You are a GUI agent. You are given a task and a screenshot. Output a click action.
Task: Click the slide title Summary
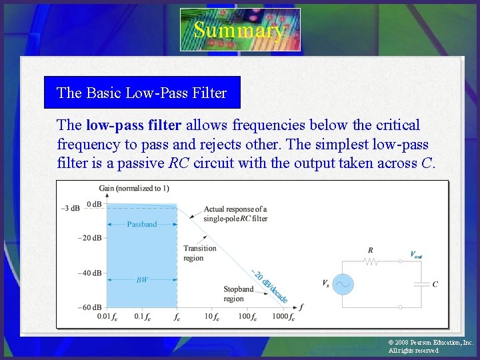point(240,30)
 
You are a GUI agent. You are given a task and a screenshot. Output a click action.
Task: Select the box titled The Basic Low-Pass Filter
point(142,93)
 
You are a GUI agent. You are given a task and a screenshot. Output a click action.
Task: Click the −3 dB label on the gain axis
point(71,208)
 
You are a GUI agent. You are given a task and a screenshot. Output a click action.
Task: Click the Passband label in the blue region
point(142,224)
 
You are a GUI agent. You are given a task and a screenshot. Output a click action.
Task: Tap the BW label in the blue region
point(142,280)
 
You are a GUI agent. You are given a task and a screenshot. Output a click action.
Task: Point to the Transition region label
point(200,253)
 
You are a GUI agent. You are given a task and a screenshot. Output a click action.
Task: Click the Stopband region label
point(238,294)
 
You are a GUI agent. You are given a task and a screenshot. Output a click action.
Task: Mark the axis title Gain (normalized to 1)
point(134,188)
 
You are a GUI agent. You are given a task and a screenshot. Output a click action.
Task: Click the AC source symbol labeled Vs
point(343,284)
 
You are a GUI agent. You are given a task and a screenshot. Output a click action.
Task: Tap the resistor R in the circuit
point(371,261)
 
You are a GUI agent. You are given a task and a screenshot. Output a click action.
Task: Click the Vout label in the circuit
point(416,254)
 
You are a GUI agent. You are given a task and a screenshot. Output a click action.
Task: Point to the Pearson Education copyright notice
point(430,346)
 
